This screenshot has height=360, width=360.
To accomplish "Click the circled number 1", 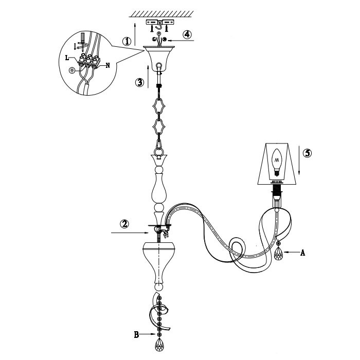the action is point(127,41).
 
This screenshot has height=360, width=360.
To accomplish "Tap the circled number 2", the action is point(124,224).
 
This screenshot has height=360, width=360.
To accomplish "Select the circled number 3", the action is point(139,82).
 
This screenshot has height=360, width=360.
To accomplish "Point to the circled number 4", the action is point(187,34).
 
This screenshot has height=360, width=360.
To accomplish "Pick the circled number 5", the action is point(308,153).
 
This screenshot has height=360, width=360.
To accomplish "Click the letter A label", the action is point(303,253).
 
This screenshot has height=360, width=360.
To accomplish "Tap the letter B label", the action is point(136,335).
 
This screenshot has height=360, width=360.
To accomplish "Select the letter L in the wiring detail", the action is point(67,58).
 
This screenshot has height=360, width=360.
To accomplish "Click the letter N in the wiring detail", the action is point(107,65).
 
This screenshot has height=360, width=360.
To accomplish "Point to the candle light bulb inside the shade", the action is point(277,162).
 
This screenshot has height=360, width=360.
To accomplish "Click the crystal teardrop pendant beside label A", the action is point(279,253).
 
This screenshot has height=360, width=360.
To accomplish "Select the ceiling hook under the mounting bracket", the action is point(158,27).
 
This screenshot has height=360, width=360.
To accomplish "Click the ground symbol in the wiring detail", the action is point(72,70).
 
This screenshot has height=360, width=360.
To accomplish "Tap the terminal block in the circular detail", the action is point(89,61).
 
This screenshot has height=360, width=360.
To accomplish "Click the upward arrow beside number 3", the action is point(148,77).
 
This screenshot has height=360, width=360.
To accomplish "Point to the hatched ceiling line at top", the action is point(161,14).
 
